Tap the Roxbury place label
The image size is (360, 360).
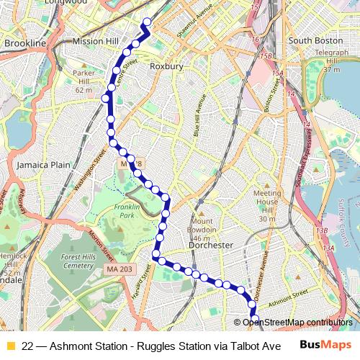166,66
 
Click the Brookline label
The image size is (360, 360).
24,45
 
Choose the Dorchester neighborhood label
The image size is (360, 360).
210,245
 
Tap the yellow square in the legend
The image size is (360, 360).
10,346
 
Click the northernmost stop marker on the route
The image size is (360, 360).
148,22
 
